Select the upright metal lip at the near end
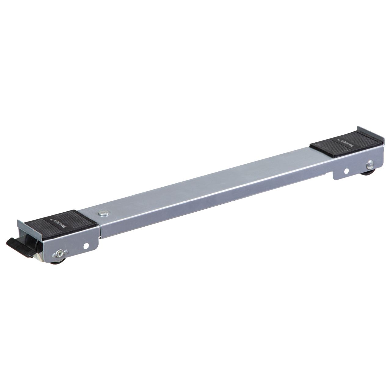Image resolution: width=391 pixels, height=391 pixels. (19, 226)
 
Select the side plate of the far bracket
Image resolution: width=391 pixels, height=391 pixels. (354, 166)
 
